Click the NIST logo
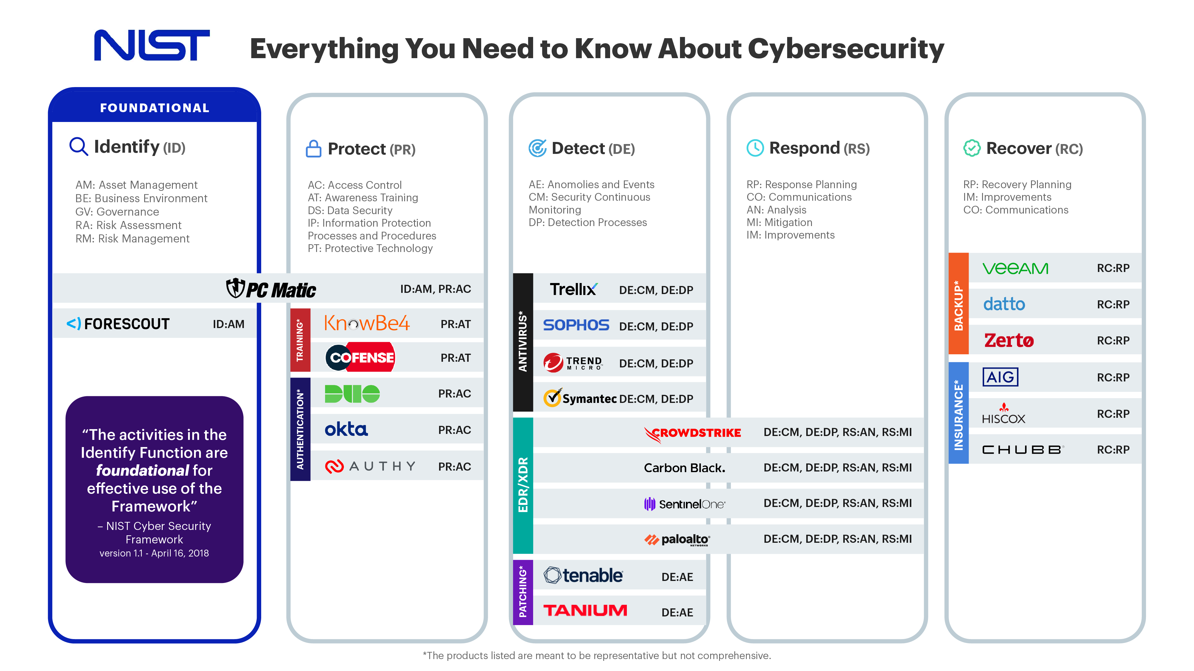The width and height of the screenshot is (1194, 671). click(152, 45)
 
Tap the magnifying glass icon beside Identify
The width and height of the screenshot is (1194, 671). click(78, 146)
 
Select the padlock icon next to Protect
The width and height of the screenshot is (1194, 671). click(313, 149)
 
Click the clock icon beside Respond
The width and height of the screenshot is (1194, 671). click(755, 148)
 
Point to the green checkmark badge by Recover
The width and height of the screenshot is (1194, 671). click(972, 148)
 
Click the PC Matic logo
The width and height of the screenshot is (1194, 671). click(271, 289)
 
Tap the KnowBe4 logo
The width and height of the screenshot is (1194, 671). click(367, 323)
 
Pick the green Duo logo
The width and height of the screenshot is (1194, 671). click(352, 394)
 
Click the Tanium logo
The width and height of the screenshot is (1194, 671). click(585, 610)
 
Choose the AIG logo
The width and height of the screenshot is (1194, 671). click(1000, 377)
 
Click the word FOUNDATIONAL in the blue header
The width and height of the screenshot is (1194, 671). click(155, 108)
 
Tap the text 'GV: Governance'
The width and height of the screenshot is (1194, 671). click(117, 212)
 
